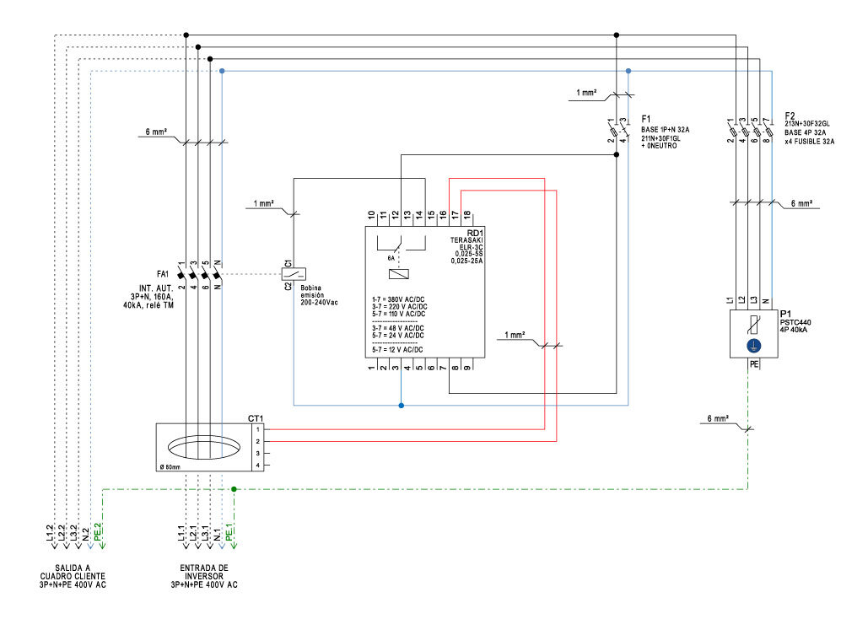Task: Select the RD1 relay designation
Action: [x=474, y=234]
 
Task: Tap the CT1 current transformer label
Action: [x=256, y=418]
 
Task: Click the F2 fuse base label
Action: [x=790, y=115]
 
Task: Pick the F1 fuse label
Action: [x=646, y=119]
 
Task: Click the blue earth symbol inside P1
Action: [x=754, y=346]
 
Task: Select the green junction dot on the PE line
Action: [x=234, y=488]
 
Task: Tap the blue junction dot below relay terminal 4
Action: [x=401, y=406]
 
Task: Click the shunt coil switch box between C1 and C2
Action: [x=292, y=273]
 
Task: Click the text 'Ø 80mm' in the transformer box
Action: [x=170, y=466]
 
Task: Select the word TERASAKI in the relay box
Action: [x=465, y=243]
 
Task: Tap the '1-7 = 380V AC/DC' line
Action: [x=398, y=299]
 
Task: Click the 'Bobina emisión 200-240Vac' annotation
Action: [x=319, y=294]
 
